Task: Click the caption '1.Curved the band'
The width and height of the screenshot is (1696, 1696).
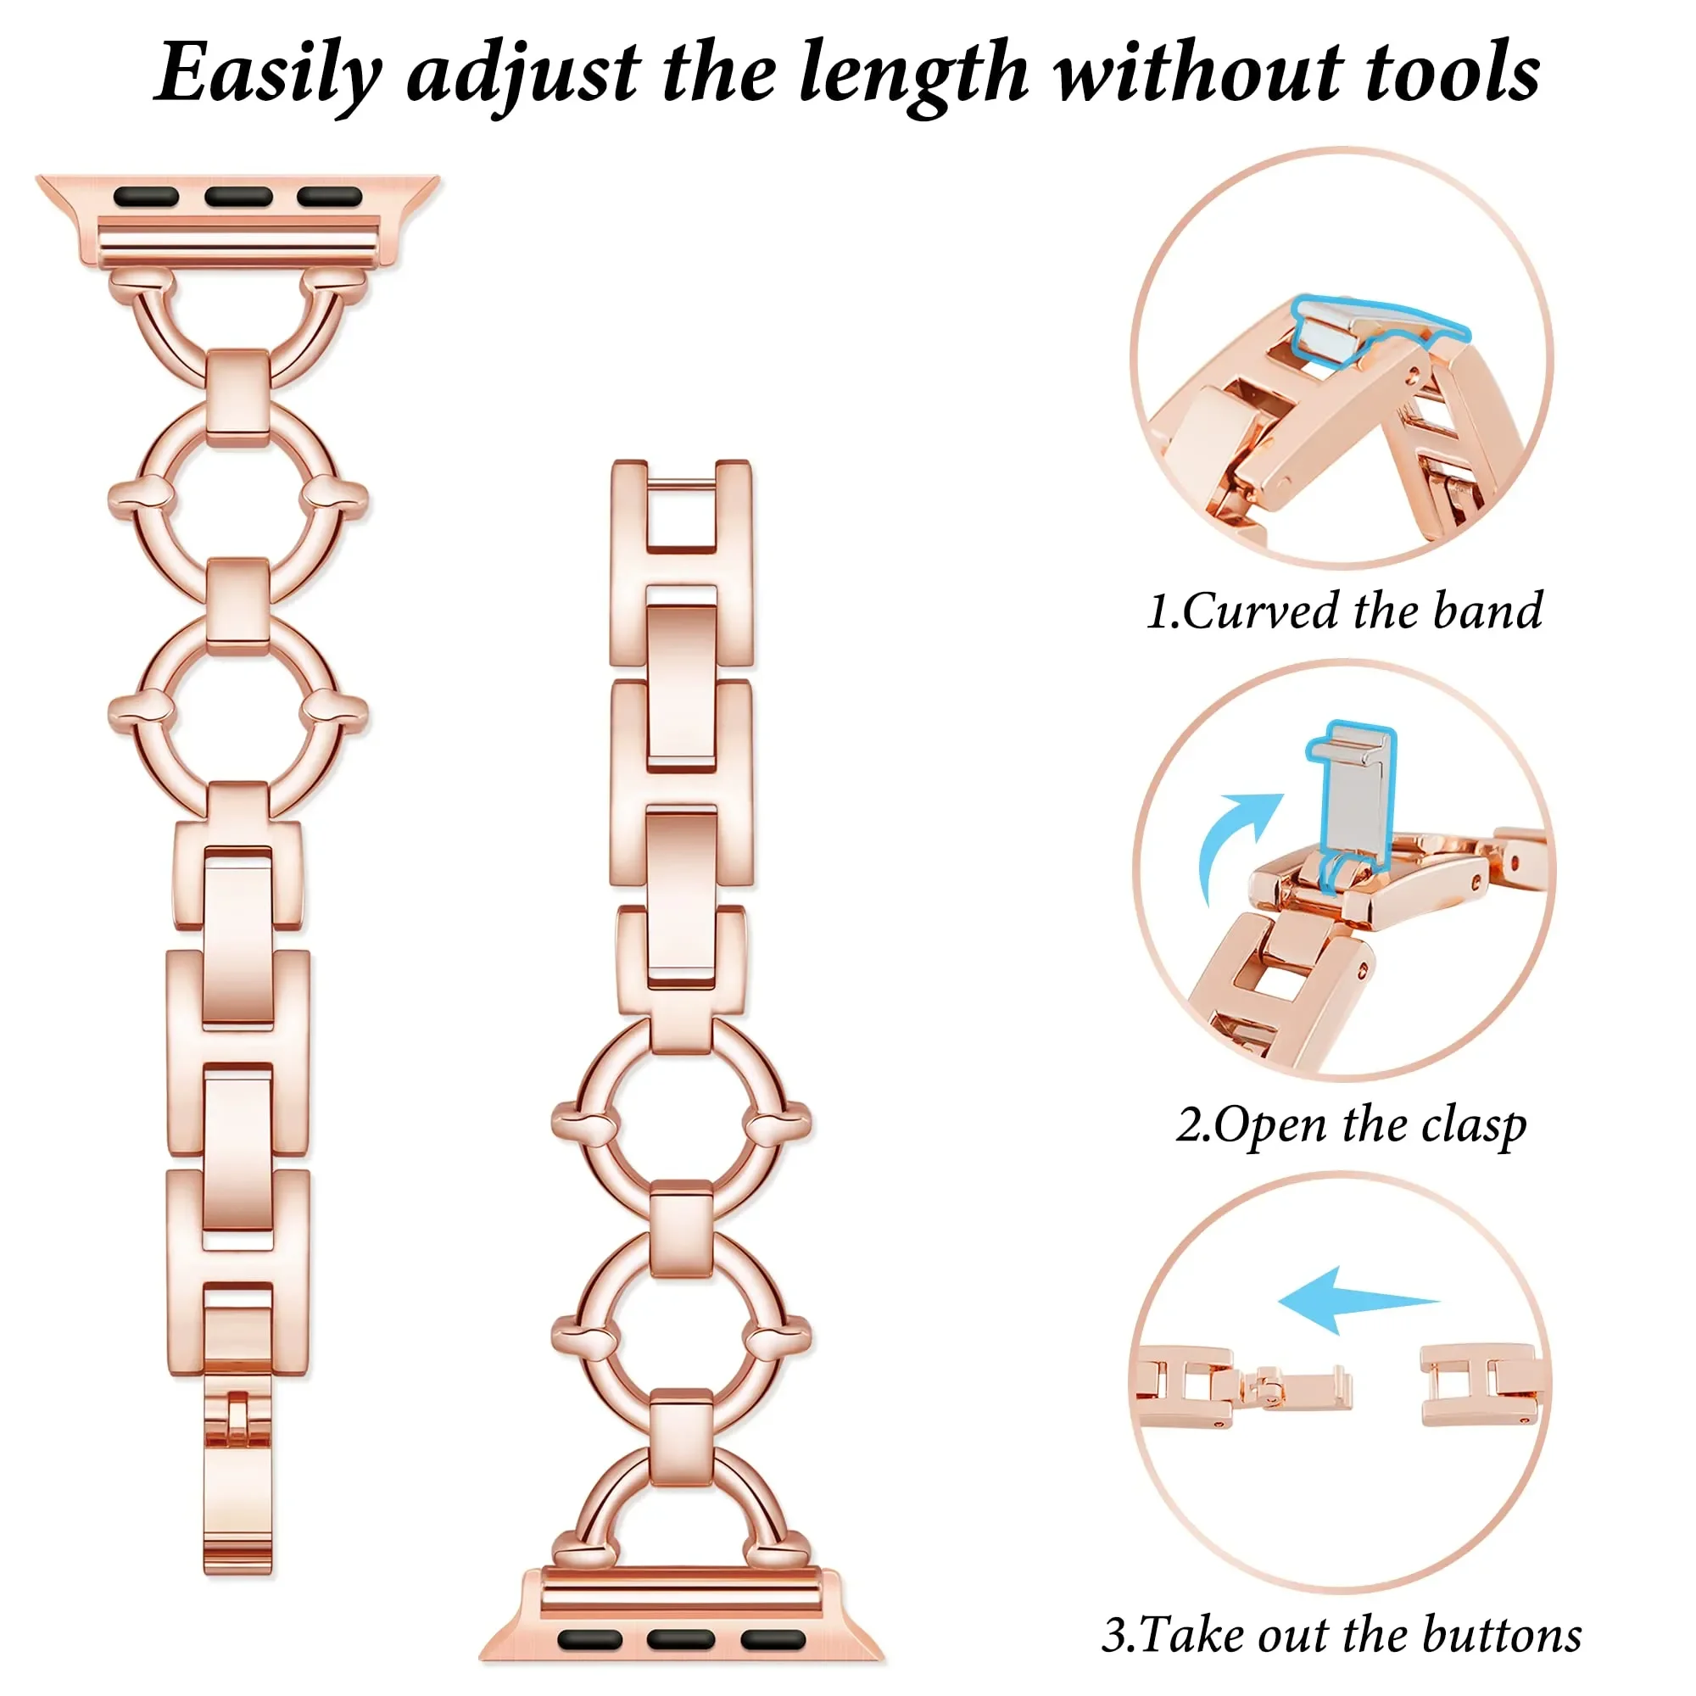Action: coord(1344,612)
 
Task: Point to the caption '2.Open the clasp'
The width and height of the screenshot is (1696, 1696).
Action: coord(1351,1125)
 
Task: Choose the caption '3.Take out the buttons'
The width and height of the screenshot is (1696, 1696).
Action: coord(1342,1636)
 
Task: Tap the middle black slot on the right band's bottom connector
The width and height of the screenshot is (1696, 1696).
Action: coord(680,1639)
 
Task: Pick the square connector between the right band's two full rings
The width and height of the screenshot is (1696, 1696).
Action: coord(681,1233)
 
